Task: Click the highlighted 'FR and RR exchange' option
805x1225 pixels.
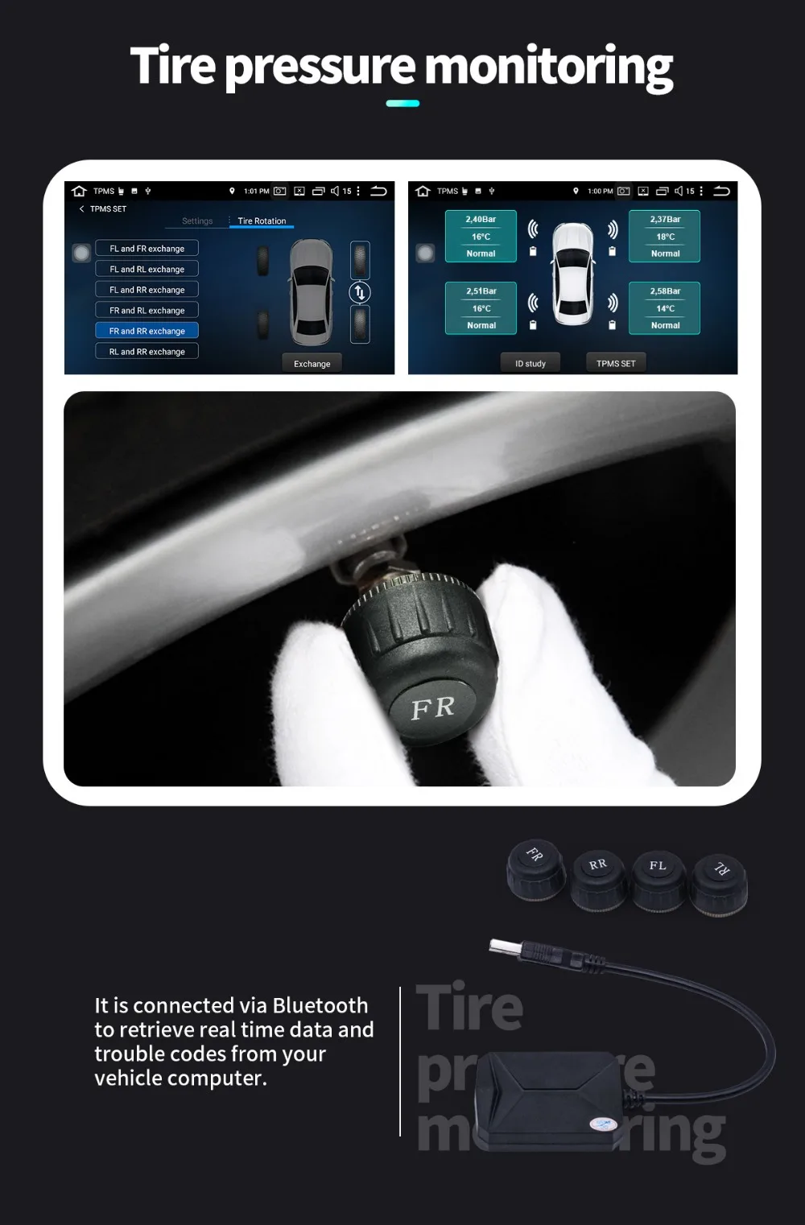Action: pyautogui.click(x=147, y=331)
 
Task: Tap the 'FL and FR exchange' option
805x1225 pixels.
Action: pyautogui.click(x=147, y=249)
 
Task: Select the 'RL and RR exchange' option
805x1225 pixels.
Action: pyautogui.click(x=147, y=352)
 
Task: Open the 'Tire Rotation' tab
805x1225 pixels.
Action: pyautogui.click(x=262, y=221)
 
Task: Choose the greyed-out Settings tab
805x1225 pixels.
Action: pyautogui.click(x=197, y=221)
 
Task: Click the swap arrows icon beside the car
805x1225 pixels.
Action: pyautogui.click(x=360, y=292)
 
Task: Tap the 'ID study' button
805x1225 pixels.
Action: pyautogui.click(x=530, y=364)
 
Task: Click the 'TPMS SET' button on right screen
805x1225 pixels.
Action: pyautogui.click(x=616, y=364)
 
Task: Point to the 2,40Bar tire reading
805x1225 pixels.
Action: pyautogui.click(x=481, y=219)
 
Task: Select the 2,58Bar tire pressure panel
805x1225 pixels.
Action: pyautogui.click(x=665, y=307)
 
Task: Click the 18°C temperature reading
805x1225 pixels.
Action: pyautogui.click(x=665, y=237)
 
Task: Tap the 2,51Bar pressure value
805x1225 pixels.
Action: pyautogui.click(x=481, y=291)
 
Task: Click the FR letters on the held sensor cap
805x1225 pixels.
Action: pyautogui.click(x=433, y=708)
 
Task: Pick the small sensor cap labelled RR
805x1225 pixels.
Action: pyautogui.click(x=598, y=877)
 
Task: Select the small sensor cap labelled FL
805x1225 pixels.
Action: pyautogui.click(x=658, y=877)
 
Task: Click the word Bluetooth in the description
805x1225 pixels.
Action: pyautogui.click(x=320, y=1005)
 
